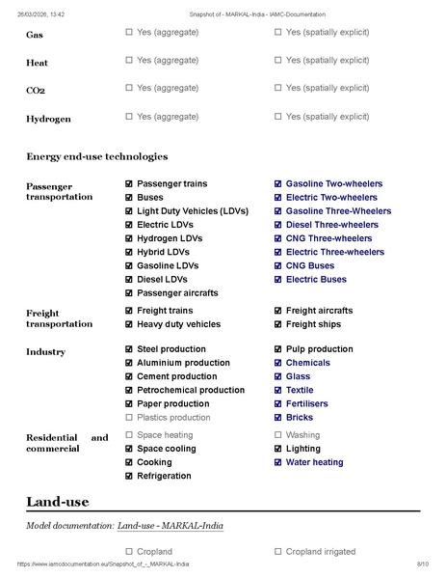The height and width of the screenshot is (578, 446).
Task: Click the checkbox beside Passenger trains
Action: tap(129, 183)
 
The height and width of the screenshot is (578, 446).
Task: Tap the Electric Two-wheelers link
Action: tap(331, 197)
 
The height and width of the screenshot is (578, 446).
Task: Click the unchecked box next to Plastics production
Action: tap(129, 418)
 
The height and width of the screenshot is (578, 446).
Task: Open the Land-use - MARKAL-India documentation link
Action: tap(171, 526)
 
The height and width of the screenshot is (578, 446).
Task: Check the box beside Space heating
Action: tap(129, 435)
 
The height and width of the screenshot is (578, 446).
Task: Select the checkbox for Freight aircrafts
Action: tap(278, 311)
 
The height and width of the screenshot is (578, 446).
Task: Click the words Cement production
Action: tap(176, 376)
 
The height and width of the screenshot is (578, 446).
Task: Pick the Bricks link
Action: tap(299, 418)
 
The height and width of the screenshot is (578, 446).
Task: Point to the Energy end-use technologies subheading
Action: tap(97, 156)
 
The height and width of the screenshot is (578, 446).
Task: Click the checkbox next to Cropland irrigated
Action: tap(278, 552)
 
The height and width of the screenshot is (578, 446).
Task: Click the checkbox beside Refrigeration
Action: tap(129, 476)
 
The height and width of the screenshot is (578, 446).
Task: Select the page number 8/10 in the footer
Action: tap(422, 563)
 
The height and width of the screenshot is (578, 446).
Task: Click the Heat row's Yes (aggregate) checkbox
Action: tap(129, 60)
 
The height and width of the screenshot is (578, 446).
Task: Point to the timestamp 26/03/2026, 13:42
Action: tap(39, 14)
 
